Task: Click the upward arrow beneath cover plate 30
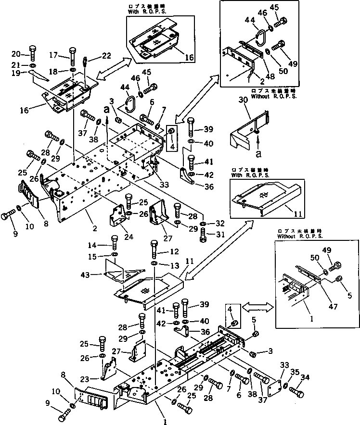pos(258,141)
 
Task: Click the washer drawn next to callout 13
pos(154,264)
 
